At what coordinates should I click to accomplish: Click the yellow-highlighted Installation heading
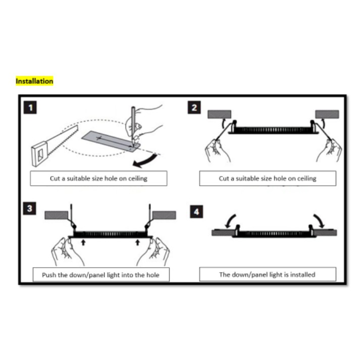(x=34, y=81)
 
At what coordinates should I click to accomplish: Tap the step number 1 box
(x=30, y=108)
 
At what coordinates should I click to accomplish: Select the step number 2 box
(x=194, y=108)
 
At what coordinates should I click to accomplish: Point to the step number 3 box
(x=30, y=208)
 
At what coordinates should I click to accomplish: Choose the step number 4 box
(x=196, y=212)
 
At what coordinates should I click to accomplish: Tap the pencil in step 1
(x=133, y=125)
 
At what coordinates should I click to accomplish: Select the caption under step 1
(x=98, y=178)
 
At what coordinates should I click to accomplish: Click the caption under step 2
(x=268, y=178)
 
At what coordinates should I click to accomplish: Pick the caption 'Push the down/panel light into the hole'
(x=101, y=275)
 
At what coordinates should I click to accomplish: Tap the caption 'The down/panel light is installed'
(x=268, y=274)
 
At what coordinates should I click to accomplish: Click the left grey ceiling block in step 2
(x=220, y=114)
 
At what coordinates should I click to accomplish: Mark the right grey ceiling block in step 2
(x=327, y=114)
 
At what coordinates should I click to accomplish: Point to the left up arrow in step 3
(x=83, y=242)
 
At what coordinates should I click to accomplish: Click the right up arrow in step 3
(x=137, y=242)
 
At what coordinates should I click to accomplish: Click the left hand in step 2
(x=217, y=150)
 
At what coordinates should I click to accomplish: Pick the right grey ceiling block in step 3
(x=165, y=215)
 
